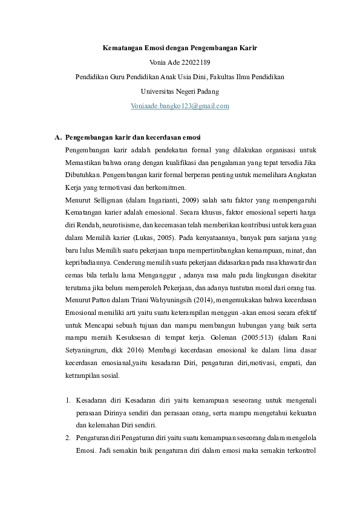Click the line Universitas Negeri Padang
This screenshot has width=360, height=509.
point(180,91)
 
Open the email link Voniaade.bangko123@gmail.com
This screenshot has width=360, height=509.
point(180,106)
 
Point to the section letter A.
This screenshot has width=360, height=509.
point(57,137)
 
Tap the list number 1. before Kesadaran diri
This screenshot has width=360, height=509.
point(67,401)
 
